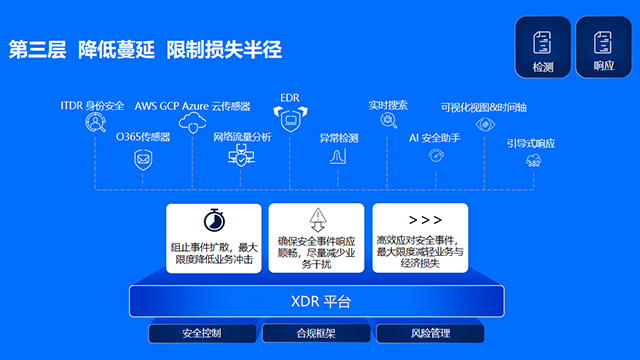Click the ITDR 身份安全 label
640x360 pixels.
(x=93, y=104)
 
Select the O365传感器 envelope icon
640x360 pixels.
(x=143, y=158)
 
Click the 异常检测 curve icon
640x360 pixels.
(x=338, y=156)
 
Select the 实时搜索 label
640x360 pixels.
(x=387, y=104)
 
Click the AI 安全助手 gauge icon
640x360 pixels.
(x=435, y=156)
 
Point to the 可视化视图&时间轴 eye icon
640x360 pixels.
(x=485, y=124)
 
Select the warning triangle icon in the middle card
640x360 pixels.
(x=317, y=218)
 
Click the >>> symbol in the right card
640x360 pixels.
(x=425, y=220)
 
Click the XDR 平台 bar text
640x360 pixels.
(x=320, y=301)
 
